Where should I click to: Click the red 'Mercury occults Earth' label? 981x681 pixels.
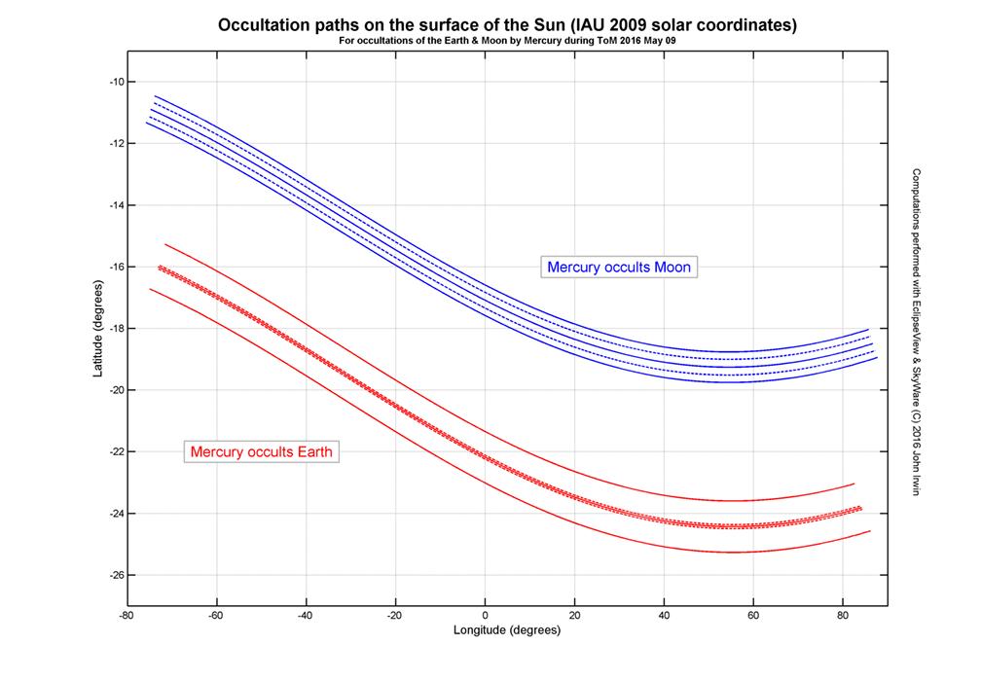coord(262,451)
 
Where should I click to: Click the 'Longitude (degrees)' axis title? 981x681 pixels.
coord(507,630)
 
